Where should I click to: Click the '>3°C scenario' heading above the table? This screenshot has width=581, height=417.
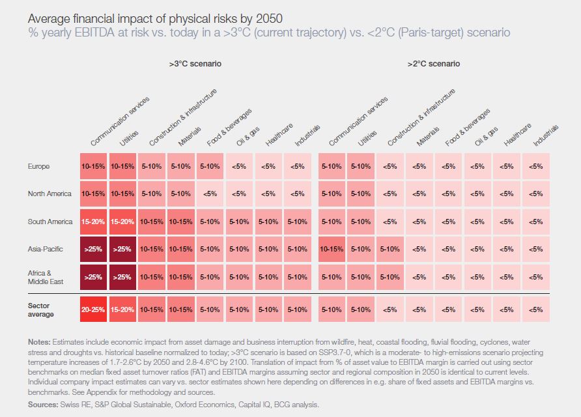tap(195, 64)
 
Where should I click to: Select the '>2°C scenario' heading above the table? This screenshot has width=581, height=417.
tap(433, 64)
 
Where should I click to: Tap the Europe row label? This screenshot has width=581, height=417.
tap(39, 166)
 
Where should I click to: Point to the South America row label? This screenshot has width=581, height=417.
tap(50, 222)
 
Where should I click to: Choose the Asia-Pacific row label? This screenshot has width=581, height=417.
tap(44, 249)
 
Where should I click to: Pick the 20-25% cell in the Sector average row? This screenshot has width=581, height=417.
tap(94, 309)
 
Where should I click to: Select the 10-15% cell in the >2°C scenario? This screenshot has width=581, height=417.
tap(332, 249)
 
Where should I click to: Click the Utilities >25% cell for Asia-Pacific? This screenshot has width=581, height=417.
tap(122, 249)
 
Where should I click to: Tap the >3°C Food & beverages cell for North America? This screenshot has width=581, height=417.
tap(210, 194)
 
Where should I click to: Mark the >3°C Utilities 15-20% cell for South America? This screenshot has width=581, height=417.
tap(122, 222)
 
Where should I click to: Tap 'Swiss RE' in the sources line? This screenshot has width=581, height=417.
tap(74, 405)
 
